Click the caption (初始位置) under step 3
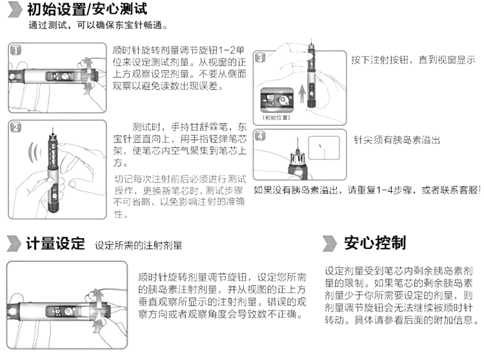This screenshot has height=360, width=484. (x=275, y=119)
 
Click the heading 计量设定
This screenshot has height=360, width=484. (x=55, y=244)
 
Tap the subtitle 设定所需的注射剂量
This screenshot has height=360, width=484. (x=139, y=246)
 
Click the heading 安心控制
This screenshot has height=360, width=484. (x=375, y=243)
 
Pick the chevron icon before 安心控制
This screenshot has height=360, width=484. (x=330, y=243)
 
